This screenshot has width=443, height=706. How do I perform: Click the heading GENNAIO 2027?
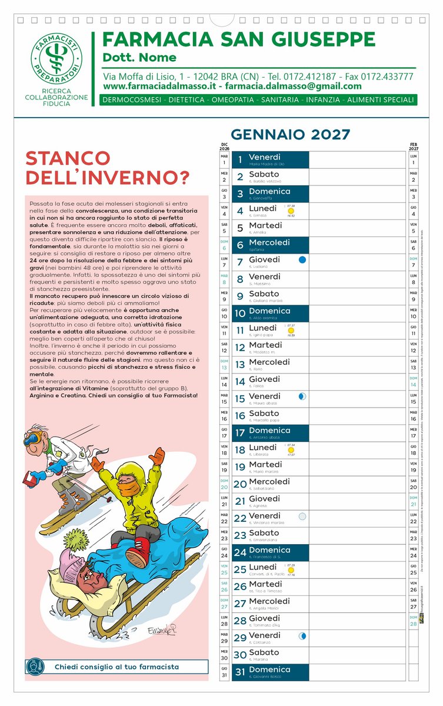point(290,135)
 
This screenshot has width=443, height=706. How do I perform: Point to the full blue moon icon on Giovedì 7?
point(302,259)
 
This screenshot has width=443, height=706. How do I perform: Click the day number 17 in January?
point(240,433)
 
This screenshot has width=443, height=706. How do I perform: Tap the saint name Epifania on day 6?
point(257,249)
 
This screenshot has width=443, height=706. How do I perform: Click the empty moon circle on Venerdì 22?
point(302,517)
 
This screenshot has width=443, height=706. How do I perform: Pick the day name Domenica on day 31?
point(269,670)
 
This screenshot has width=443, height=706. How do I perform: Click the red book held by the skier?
point(29,478)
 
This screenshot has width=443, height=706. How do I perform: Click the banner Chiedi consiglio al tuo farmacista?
point(116,667)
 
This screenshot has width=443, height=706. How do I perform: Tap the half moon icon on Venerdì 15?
point(302,397)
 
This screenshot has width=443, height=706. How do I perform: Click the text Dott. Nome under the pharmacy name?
point(139,57)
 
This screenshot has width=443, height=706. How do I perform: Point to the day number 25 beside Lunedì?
point(240,570)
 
